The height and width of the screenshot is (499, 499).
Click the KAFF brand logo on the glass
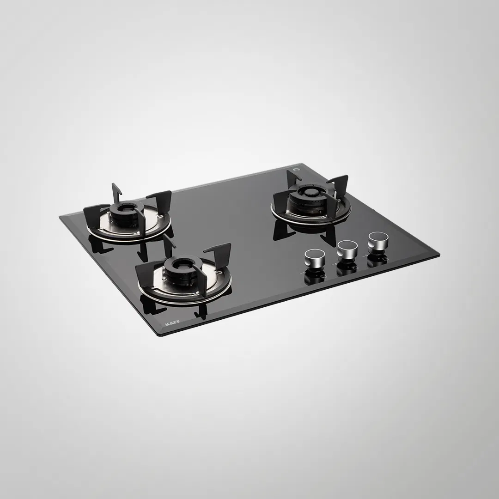pyautogui.click(x=172, y=323)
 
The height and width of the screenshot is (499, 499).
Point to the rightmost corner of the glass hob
pyautogui.click(x=439, y=255)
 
